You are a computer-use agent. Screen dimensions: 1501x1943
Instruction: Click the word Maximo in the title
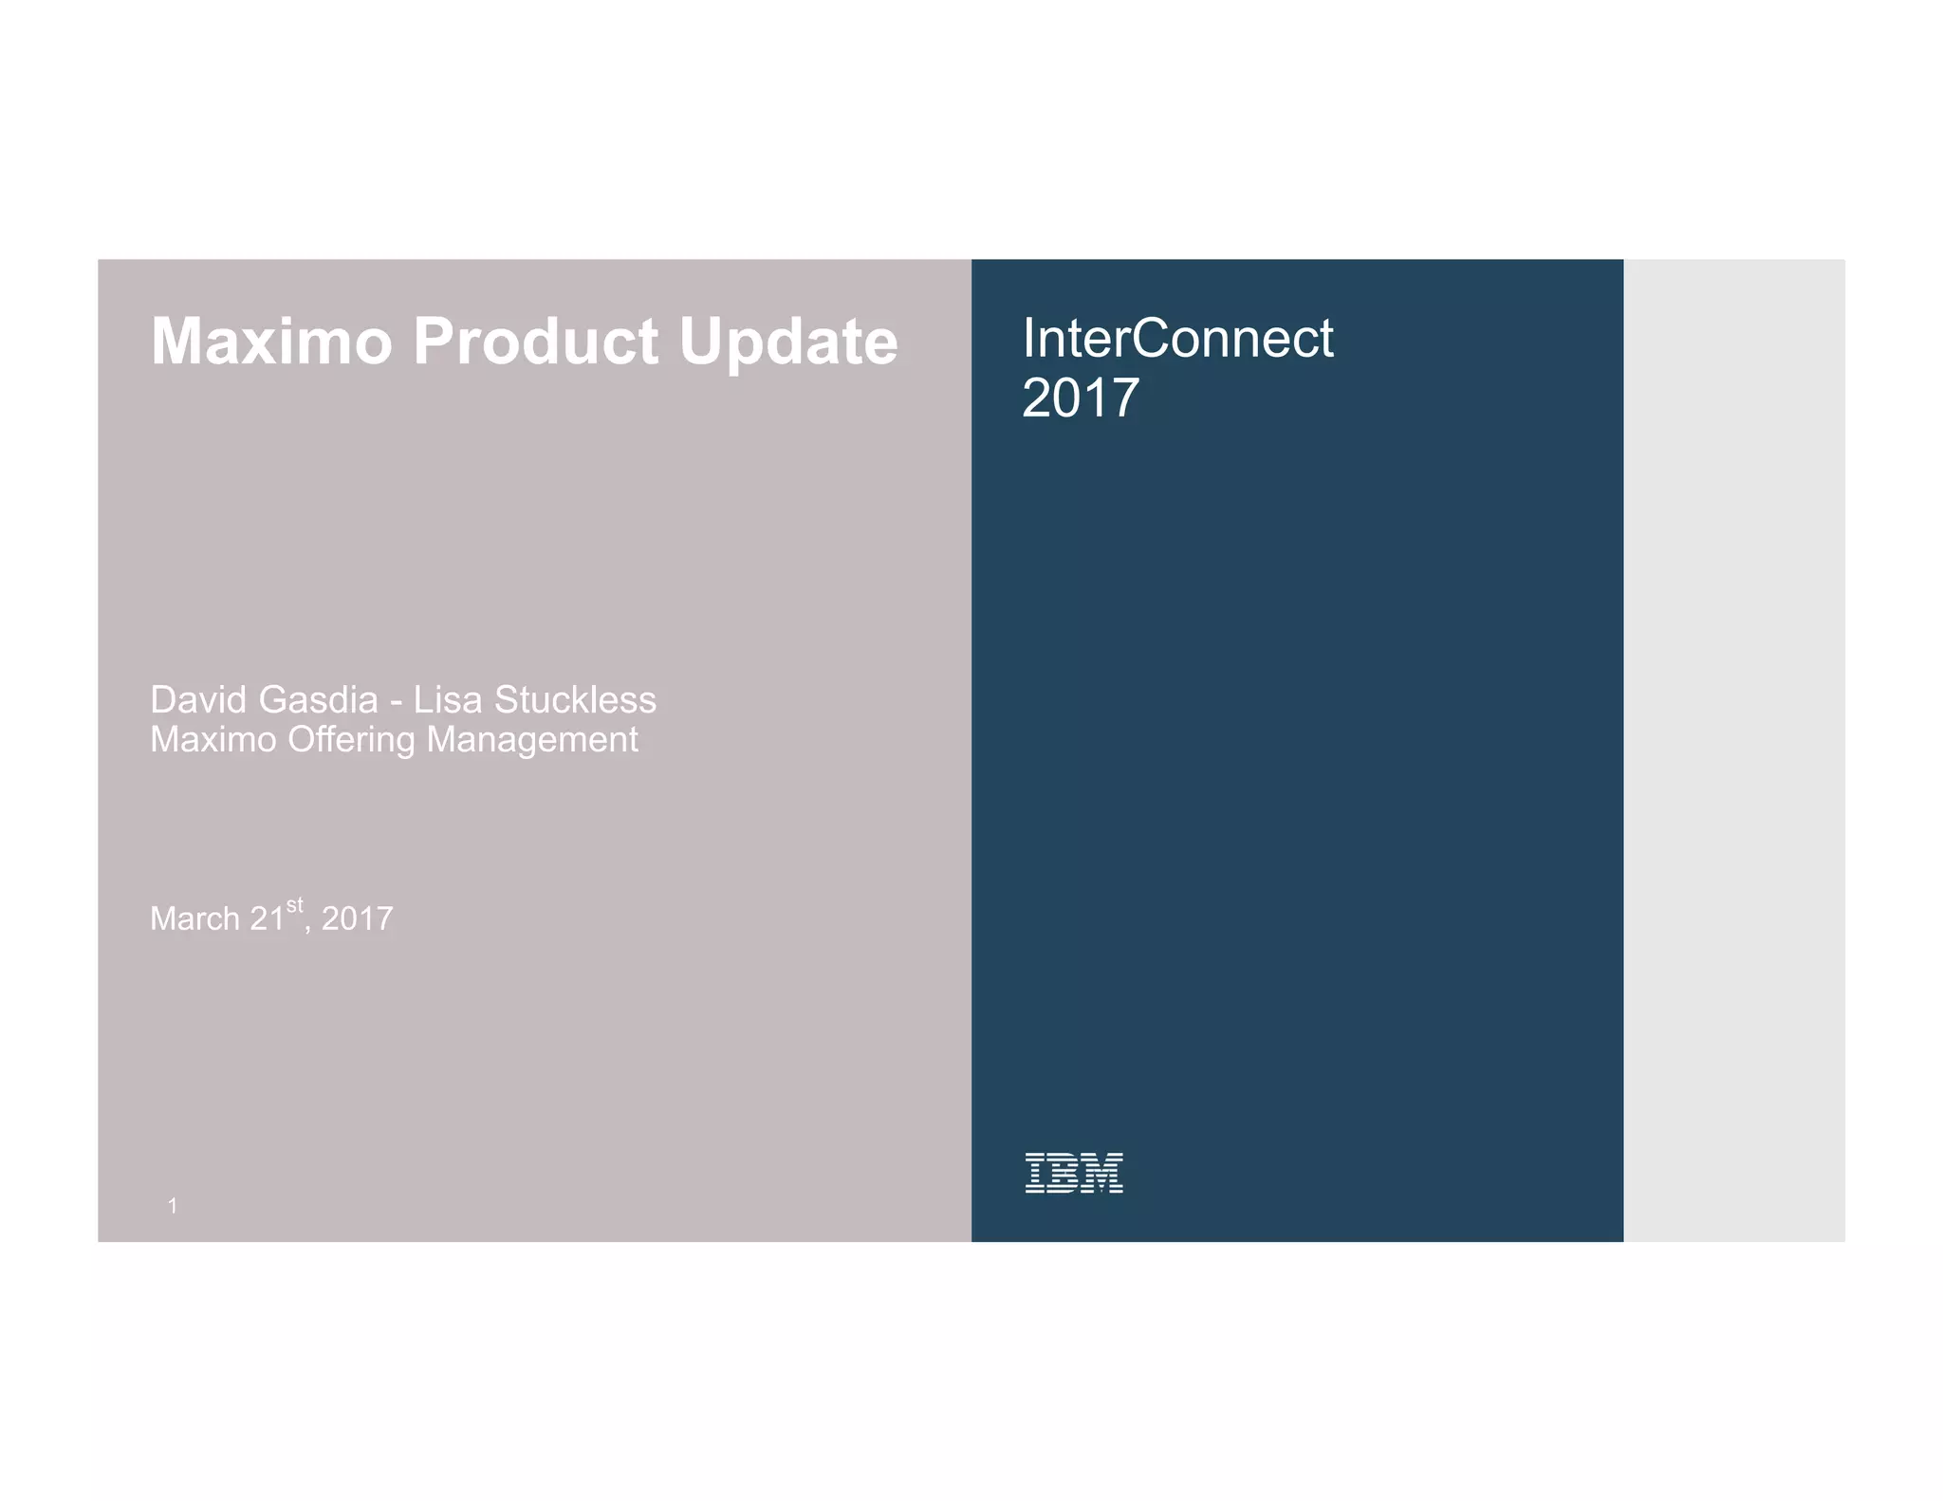(271, 342)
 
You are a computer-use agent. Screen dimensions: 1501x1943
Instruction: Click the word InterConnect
(1177, 339)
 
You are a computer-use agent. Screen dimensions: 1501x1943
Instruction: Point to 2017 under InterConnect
(1080, 398)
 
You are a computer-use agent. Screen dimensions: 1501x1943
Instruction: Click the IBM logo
(1074, 1173)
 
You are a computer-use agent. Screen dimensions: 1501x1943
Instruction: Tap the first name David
(198, 700)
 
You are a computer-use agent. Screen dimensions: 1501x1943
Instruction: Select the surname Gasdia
(318, 700)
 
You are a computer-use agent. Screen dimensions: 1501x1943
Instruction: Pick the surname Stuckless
(575, 700)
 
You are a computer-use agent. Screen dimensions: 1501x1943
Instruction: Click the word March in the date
(194, 919)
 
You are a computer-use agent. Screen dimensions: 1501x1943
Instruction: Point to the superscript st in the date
(295, 905)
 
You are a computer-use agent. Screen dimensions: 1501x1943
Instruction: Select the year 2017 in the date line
(357, 919)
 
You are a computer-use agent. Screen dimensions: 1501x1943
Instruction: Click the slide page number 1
(173, 1206)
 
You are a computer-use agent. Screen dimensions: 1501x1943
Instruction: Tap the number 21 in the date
(267, 919)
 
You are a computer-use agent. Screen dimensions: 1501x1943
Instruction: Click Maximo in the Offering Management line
(213, 740)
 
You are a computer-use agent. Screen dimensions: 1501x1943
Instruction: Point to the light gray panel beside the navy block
(1733, 750)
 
